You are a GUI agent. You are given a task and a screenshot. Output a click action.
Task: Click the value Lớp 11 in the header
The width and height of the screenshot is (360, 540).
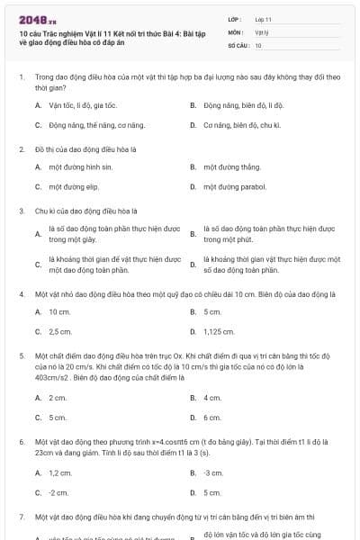(264, 18)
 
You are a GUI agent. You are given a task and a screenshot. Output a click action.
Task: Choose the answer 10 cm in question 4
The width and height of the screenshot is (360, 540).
(59, 312)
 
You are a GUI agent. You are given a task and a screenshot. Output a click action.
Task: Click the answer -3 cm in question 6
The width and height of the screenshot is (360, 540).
(213, 472)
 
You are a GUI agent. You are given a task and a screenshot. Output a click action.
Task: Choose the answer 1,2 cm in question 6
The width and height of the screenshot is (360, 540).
(59, 472)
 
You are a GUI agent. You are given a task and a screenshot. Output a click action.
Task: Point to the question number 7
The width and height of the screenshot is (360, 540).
(21, 518)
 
